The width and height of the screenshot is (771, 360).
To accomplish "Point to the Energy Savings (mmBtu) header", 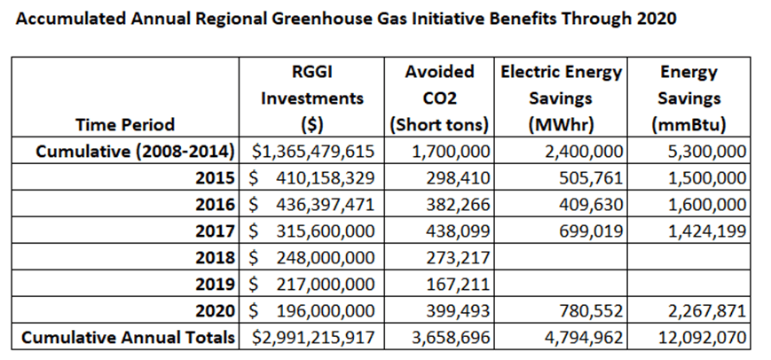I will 688,98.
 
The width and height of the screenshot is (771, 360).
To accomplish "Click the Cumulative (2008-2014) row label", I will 135,151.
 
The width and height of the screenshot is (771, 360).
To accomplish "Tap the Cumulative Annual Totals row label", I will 130,338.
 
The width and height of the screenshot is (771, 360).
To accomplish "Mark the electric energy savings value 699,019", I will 589,231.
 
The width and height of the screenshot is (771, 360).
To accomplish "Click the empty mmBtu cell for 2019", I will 688,284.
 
